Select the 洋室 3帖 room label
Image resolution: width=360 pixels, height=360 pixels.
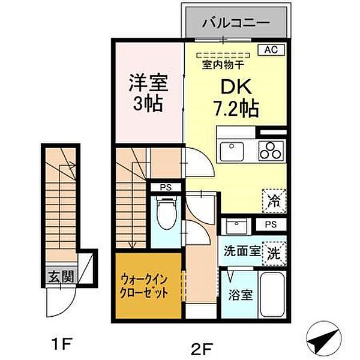coord(147,91)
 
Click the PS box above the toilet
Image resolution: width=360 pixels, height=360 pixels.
coord(164,187)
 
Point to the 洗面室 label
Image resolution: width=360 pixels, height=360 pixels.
coord(242,252)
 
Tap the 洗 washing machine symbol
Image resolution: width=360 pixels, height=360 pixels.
coord(273,252)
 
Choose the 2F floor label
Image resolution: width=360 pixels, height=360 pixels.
coord(202,346)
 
